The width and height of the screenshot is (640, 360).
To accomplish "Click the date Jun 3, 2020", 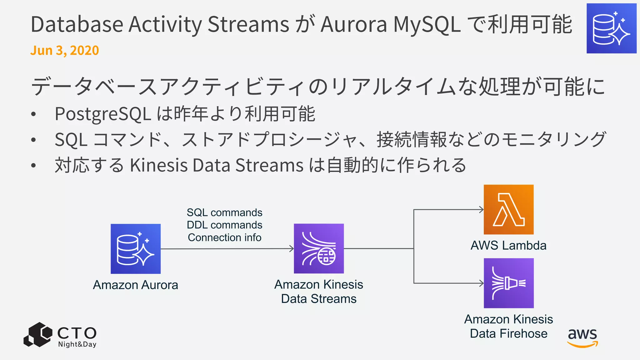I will [x=65, y=50].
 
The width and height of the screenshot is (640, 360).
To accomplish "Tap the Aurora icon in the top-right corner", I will [x=611, y=28].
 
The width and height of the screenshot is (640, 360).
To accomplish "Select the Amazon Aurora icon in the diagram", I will [x=136, y=249].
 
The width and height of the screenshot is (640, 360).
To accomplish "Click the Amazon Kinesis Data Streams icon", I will [x=319, y=248].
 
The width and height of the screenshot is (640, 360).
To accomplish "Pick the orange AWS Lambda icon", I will [x=508, y=209].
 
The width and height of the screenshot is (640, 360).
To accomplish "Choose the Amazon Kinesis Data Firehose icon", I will [x=508, y=283].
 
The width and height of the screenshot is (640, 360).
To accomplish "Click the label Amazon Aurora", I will [x=136, y=285].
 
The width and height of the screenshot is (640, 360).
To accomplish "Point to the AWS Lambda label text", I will [x=508, y=246].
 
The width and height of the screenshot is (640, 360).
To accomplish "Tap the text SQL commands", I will [x=224, y=212].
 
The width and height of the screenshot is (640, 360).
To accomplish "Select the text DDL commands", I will [x=224, y=225].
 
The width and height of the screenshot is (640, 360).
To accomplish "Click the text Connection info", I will [x=224, y=237].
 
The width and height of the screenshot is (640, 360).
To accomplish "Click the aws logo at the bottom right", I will [x=582, y=337].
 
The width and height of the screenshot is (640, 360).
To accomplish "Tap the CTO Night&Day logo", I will [x=60, y=335].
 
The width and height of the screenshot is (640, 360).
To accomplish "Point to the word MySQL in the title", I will [x=427, y=24].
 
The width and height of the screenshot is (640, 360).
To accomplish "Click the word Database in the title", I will [x=77, y=24].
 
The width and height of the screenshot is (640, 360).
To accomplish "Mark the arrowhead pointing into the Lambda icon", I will [x=482, y=210].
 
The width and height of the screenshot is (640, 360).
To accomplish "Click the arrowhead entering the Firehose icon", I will [x=482, y=283].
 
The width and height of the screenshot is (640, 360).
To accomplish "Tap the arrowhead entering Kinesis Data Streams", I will [x=292, y=249].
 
